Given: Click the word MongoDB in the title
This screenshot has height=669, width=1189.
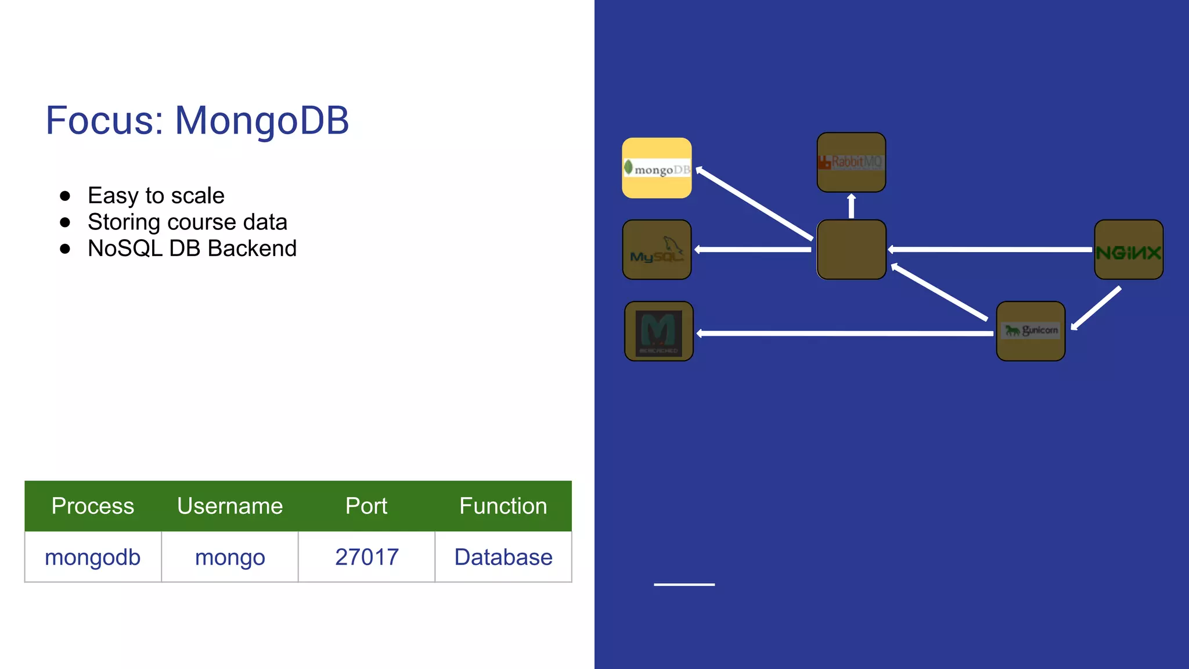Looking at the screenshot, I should [x=262, y=121].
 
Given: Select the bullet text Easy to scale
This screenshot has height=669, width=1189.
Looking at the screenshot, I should [x=156, y=196].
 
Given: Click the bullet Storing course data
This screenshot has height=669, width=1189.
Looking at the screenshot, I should [x=187, y=222].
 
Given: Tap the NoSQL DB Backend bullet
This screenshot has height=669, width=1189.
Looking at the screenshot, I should [x=192, y=249].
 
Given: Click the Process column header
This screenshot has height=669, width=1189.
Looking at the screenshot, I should [x=92, y=506].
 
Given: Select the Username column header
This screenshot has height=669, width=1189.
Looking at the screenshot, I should [x=229, y=506].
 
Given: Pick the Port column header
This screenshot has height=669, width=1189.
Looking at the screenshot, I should [x=366, y=506].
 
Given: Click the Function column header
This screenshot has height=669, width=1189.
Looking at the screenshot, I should [x=503, y=506].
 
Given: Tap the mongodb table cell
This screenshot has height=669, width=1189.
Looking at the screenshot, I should [x=92, y=557].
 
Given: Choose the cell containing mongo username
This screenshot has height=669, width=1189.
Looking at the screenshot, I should [x=229, y=557].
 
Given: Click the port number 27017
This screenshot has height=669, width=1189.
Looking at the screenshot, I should [x=366, y=557].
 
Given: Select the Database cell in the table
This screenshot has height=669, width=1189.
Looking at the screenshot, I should [x=503, y=557].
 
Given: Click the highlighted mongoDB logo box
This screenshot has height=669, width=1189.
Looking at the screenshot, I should [x=657, y=168].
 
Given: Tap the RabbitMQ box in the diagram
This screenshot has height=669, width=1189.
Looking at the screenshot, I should [x=851, y=162].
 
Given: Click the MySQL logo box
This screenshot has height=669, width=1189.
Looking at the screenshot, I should [x=657, y=250].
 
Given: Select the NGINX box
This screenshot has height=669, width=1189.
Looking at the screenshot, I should [x=1129, y=250].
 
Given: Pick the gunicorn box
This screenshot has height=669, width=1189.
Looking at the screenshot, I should [x=1031, y=331].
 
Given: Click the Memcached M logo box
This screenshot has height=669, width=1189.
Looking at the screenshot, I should [x=658, y=331].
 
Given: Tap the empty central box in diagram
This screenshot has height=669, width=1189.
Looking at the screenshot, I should [x=851, y=250].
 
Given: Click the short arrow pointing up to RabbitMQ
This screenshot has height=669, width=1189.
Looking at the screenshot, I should [x=851, y=206].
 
